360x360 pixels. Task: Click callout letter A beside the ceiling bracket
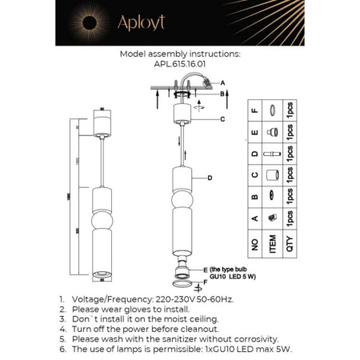click(x=223, y=83)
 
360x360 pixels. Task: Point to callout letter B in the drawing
click(x=223, y=94)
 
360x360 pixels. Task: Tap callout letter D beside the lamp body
click(x=209, y=178)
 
